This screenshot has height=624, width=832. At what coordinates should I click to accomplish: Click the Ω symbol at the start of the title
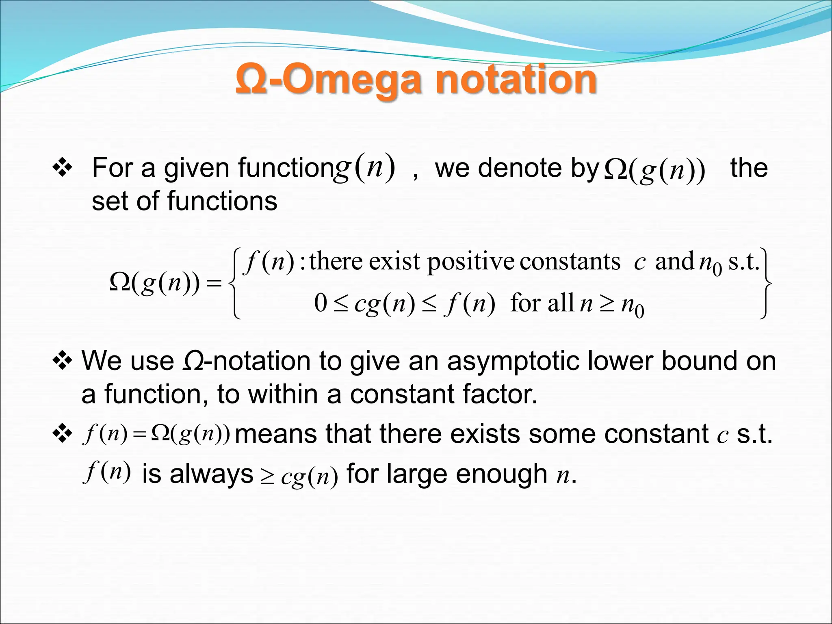(251, 80)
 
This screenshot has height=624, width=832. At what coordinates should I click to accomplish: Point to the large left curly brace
(235, 283)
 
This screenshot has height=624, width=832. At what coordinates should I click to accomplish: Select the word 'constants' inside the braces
(570, 262)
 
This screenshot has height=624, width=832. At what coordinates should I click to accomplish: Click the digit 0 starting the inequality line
(321, 303)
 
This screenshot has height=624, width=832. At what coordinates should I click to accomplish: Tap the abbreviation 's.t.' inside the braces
(743, 262)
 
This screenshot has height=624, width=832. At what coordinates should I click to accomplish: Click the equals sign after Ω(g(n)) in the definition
(214, 283)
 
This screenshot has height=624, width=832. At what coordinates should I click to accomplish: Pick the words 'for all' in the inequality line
(542, 303)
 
